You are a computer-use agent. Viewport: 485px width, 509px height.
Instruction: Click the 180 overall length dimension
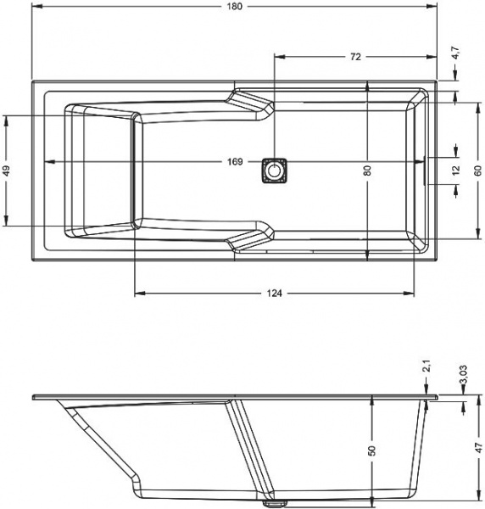point(234,6)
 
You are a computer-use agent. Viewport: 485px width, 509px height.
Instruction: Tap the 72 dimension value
point(355,57)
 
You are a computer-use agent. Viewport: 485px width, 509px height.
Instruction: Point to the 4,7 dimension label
point(455,53)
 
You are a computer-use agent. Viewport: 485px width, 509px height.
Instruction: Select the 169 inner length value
point(235,161)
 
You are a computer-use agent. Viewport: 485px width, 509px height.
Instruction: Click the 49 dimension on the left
point(7,171)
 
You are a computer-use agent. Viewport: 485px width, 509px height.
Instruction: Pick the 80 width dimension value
point(367,171)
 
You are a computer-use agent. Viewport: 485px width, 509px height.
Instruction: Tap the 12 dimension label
point(456,171)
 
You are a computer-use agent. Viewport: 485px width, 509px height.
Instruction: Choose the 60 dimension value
point(477,171)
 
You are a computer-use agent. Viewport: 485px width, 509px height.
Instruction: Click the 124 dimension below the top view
point(275,294)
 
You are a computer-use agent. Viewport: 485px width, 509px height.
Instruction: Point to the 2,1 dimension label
point(427,366)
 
